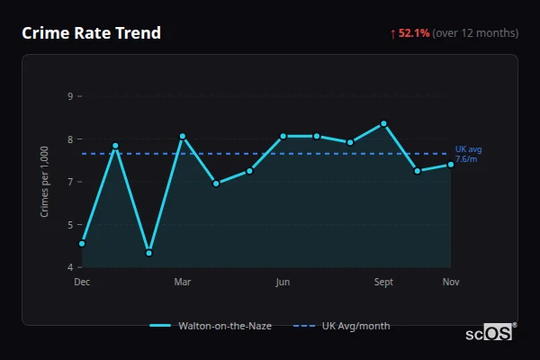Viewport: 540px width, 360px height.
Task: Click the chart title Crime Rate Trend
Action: (91, 33)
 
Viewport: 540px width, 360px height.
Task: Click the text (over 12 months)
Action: (475, 33)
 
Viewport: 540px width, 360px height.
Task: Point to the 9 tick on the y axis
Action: (70, 96)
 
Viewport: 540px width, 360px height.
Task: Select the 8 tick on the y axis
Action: (70, 139)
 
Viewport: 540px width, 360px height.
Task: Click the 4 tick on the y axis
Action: (70, 267)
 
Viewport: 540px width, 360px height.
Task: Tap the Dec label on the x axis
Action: (82, 282)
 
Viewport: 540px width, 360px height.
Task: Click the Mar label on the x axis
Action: (183, 282)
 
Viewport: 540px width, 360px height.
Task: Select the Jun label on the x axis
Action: (283, 282)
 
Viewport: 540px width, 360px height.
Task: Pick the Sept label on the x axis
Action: (383, 282)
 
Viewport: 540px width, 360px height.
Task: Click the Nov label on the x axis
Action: (451, 282)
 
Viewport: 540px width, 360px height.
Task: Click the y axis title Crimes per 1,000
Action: (45, 182)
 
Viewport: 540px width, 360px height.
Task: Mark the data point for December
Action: (82, 243)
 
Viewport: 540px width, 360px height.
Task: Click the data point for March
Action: (183, 137)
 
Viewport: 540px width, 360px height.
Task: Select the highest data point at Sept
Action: (383, 123)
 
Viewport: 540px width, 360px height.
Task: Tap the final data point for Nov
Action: (451, 164)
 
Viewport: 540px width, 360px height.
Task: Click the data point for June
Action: (283, 136)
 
